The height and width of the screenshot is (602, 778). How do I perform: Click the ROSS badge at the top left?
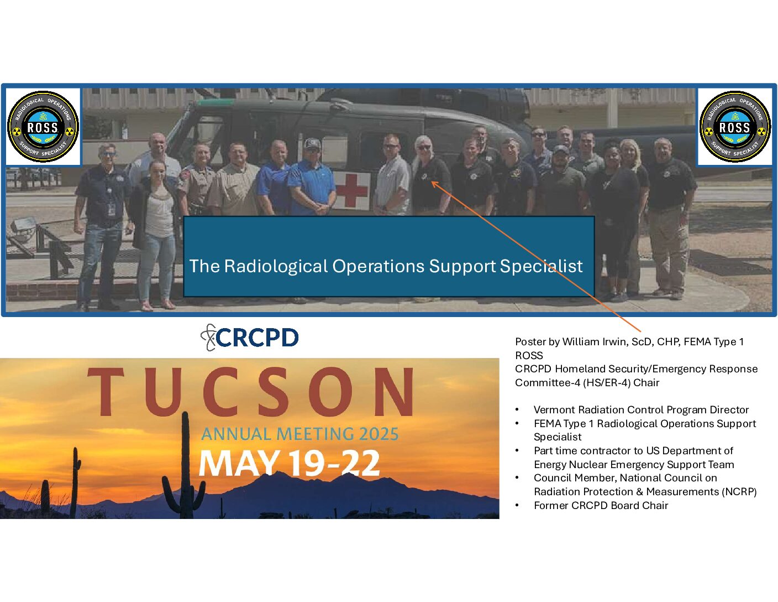pyautogui.click(x=43, y=127)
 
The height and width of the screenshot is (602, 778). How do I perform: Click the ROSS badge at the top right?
pyautogui.click(x=735, y=127)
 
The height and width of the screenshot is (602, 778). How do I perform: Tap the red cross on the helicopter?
pyautogui.click(x=351, y=190)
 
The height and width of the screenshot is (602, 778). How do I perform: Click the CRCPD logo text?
pyautogui.click(x=257, y=338)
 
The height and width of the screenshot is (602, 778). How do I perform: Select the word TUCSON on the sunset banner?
pyautogui.click(x=251, y=392)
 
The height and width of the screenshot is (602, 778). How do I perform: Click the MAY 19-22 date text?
pyautogui.click(x=289, y=463)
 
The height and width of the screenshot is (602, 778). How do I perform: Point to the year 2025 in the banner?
pyautogui.click(x=379, y=434)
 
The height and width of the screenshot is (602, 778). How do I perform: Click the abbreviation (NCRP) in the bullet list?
pyautogui.click(x=739, y=491)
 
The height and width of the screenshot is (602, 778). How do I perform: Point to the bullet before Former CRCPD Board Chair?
pyautogui.click(x=517, y=506)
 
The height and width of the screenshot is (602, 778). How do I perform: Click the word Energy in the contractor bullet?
pyautogui.click(x=550, y=465)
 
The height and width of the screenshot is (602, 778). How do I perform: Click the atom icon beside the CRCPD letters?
pyautogui.click(x=208, y=338)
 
